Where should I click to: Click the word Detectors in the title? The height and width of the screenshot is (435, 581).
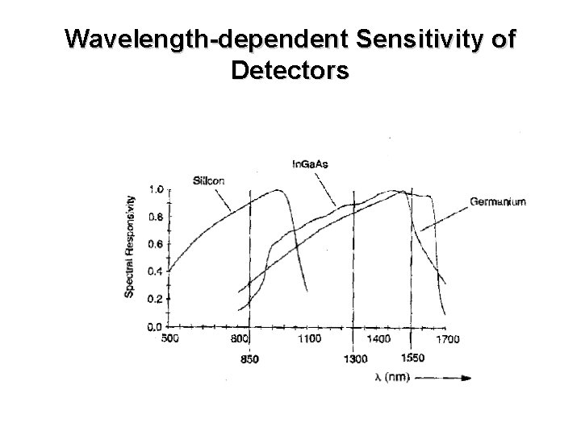coord(290,71)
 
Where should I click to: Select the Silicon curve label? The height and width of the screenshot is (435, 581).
coord(209,180)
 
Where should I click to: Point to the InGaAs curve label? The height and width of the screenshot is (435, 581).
coord(310,164)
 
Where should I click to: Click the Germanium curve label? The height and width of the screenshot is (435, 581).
coord(498,202)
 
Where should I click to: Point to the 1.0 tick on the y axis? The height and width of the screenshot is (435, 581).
coord(157,189)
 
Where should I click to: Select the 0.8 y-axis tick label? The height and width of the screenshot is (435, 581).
coord(157,217)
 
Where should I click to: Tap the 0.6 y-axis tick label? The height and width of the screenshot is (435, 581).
coord(157,244)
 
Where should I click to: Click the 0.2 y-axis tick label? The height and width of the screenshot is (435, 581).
coord(157,299)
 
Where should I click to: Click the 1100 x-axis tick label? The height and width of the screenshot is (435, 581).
coord(311,339)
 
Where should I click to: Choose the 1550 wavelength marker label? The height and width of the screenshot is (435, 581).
coord(412,358)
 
